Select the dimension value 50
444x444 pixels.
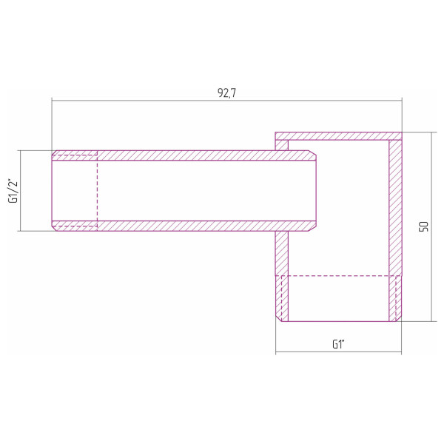click(x=424, y=226)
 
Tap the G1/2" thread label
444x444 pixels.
click(x=12, y=190)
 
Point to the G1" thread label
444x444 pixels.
click(x=338, y=344)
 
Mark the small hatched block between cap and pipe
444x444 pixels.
click(x=282, y=146)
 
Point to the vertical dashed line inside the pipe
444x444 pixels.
click(x=97, y=190)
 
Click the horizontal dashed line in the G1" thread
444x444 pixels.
click(x=338, y=276)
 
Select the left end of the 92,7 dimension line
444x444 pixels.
click(x=52, y=100)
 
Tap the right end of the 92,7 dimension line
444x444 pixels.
click(x=402, y=100)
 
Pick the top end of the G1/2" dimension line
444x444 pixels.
click(x=20, y=150)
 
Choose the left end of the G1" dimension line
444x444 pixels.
click(x=276, y=351)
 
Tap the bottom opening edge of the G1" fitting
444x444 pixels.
click(x=338, y=321)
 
